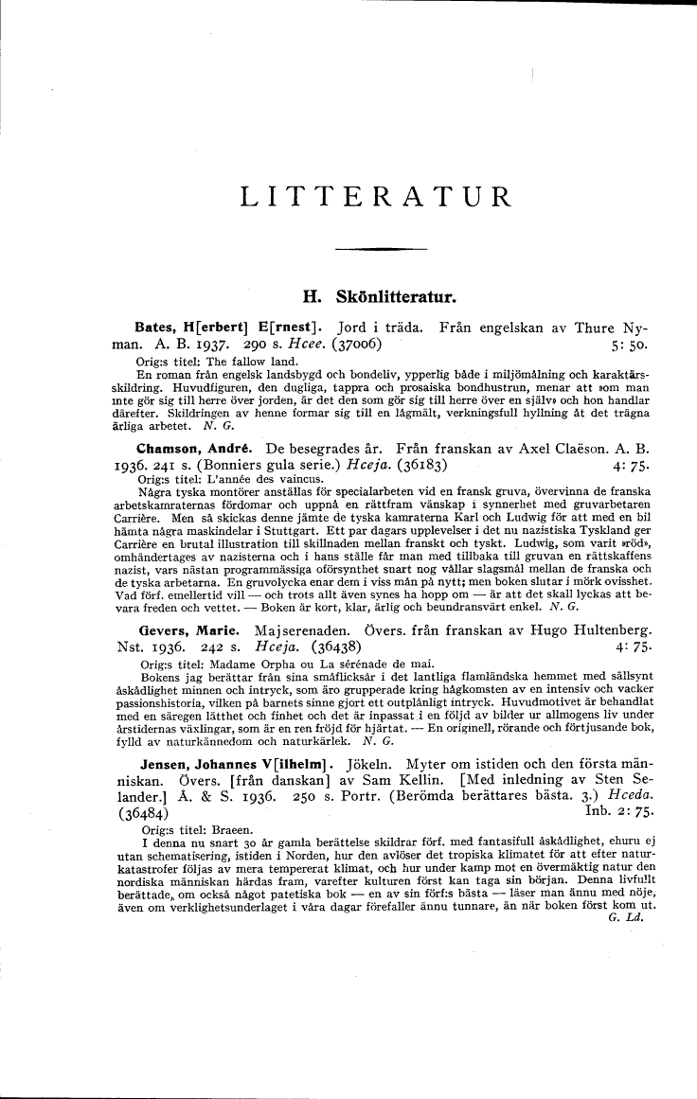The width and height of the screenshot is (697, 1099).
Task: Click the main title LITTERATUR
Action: pos(376,197)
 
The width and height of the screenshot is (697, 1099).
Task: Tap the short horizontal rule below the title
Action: pos(375,248)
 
